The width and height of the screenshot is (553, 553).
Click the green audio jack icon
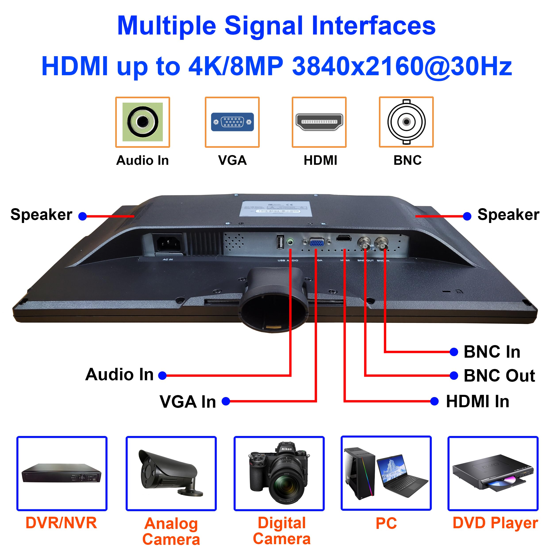142,122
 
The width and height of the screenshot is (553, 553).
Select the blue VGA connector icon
232,122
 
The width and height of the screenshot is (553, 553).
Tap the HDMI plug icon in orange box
319,122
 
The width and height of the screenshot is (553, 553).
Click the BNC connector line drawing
406,122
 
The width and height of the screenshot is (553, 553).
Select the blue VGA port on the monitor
317,243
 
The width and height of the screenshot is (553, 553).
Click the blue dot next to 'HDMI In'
434,401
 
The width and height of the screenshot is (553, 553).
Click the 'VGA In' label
188,402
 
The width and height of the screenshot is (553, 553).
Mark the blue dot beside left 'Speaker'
83,216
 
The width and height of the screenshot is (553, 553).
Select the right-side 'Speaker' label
508,215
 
